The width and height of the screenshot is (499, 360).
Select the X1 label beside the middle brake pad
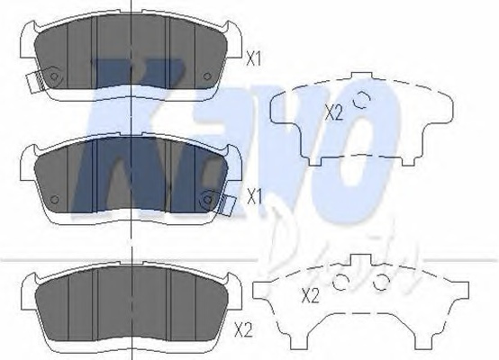pos(253,193)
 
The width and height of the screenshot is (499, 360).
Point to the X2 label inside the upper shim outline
pos(333,112)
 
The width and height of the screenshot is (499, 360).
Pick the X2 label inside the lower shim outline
pos(310,294)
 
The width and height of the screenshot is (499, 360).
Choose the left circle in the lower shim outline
pos(341,283)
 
